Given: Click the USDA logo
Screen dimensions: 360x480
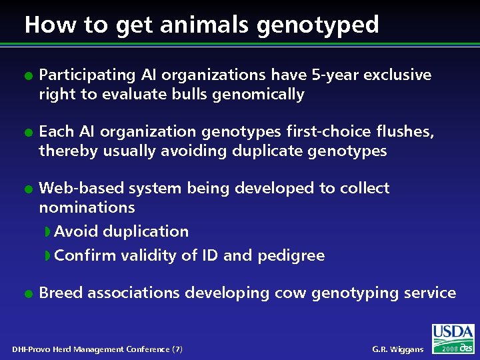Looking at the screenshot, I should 453,333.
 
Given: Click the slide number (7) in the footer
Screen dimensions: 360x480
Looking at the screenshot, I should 177,349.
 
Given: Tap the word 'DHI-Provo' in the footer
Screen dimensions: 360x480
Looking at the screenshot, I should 32,349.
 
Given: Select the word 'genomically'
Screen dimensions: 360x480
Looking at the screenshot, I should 258,95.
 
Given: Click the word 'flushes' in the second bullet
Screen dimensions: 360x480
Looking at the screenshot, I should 407,131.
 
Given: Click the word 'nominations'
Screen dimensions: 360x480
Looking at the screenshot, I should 87,207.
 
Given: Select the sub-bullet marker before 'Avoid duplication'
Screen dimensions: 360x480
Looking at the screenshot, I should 47,232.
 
